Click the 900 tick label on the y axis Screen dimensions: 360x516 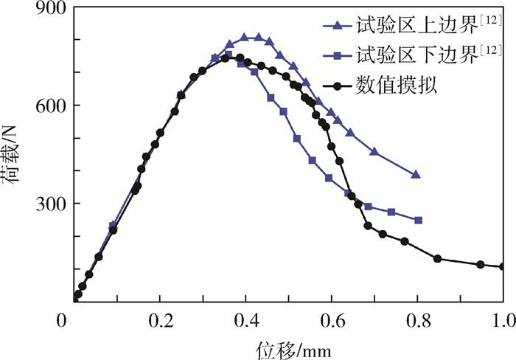(46, 9)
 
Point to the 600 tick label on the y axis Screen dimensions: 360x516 (46, 105)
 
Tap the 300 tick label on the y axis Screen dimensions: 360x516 (46, 204)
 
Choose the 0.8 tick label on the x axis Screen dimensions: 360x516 (418, 320)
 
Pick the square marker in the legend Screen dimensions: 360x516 (338, 56)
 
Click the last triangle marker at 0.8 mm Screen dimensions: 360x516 (416, 175)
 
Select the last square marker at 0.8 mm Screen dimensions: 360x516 (419, 220)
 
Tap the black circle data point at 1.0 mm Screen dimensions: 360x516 (503, 266)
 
